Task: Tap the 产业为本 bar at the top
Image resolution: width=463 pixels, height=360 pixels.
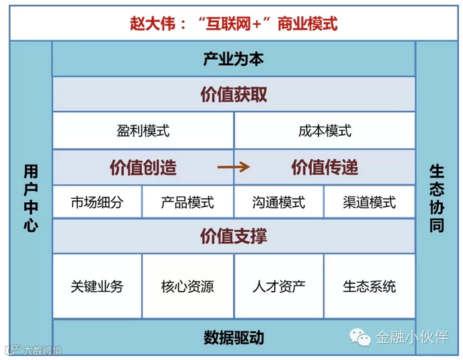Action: click(x=233, y=59)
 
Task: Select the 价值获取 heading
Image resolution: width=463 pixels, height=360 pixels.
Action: click(x=233, y=95)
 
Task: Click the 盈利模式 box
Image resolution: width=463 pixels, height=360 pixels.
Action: click(x=143, y=130)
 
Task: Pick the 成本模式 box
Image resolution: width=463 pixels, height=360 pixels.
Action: click(x=325, y=130)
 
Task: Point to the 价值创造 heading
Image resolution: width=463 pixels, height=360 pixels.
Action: click(x=143, y=167)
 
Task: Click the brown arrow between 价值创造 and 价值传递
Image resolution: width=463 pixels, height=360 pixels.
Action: click(x=233, y=167)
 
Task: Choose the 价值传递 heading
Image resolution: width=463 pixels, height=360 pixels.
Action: click(x=325, y=167)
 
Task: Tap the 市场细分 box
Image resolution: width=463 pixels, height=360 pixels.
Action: click(x=97, y=202)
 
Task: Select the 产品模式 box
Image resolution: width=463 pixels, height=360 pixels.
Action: click(x=187, y=202)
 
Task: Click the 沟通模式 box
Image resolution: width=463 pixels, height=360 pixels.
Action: click(x=279, y=202)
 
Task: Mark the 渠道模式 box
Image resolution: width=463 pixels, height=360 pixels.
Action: click(x=370, y=202)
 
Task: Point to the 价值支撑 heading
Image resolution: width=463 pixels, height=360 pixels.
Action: click(x=233, y=236)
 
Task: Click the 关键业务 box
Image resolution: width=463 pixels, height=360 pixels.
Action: click(x=97, y=286)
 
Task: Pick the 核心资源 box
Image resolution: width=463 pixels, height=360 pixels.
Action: click(x=187, y=286)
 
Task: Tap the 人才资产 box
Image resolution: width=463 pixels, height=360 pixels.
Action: click(x=279, y=286)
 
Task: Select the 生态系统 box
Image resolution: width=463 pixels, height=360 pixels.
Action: click(x=370, y=286)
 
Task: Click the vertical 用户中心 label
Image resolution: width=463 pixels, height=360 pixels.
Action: click(x=31, y=198)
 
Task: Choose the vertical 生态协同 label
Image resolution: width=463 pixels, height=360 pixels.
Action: click(x=437, y=198)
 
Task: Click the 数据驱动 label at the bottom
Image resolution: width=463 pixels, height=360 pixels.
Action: click(x=233, y=337)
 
